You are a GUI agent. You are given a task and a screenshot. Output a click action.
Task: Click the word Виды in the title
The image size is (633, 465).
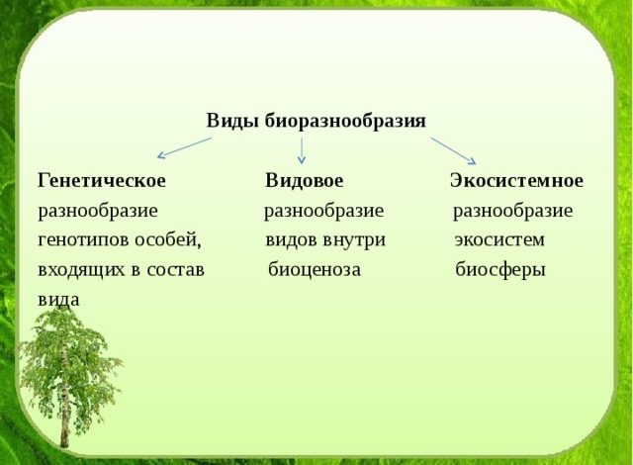[226, 121]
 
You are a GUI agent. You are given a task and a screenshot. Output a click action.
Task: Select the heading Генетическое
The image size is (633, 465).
[102, 181]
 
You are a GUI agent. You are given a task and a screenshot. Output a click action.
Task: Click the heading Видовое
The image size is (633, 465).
[304, 181]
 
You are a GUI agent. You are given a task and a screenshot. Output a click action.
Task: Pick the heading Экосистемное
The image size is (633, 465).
[516, 181]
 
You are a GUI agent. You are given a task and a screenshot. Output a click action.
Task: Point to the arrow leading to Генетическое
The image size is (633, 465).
[185, 147]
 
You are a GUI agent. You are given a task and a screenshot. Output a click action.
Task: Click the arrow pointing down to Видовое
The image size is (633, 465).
[302, 149]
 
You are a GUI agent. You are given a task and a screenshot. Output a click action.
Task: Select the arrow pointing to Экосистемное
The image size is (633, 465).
[453, 149]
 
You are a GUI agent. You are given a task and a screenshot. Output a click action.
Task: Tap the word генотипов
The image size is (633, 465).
[79, 239]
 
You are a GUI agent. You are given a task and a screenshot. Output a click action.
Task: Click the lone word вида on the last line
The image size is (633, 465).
[58, 298]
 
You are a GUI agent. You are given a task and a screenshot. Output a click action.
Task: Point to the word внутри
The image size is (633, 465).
[353, 239]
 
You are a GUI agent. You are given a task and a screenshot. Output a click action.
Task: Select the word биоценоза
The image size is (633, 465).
[314, 269]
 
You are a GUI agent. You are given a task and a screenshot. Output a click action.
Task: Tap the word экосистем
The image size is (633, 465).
[499, 239]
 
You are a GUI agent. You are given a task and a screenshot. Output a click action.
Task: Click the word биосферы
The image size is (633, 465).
[500, 269]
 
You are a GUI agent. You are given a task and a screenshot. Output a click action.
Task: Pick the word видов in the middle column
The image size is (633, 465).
[289, 239]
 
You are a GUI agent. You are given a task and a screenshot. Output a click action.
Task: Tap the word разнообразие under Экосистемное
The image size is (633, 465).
[512, 211]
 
